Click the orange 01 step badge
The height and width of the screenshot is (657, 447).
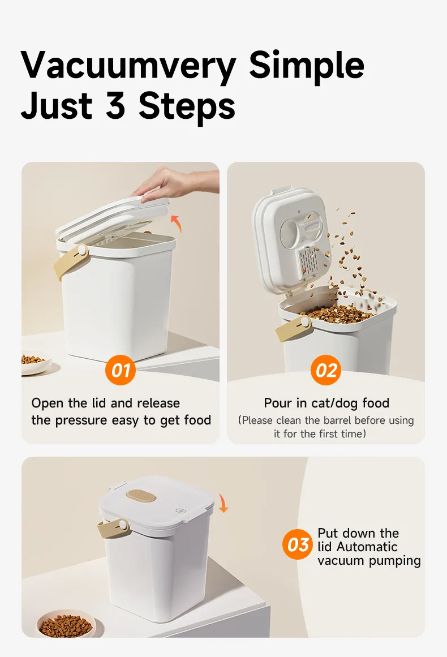(120, 370)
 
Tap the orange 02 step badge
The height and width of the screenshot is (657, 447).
(326, 370)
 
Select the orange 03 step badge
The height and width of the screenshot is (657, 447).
(298, 545)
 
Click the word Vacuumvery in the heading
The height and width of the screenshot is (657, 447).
(128, 66)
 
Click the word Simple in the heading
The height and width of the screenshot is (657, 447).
(307, 66)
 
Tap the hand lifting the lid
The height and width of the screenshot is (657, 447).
(176, 183)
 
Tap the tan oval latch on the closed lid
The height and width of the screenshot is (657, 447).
(142, 496)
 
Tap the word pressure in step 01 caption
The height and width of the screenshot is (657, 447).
(81, 420)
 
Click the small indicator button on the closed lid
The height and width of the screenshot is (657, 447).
(180, 511)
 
